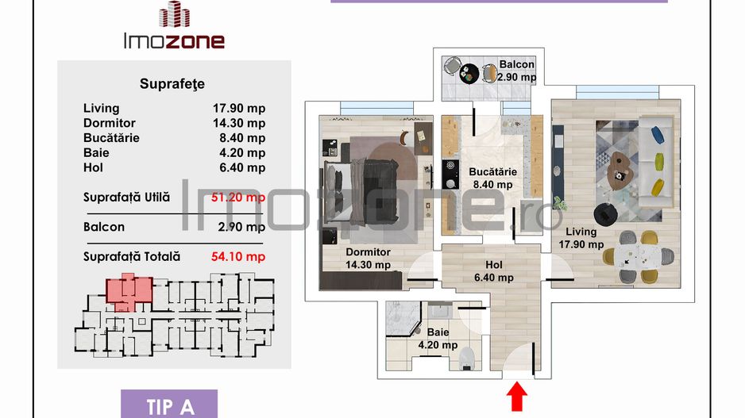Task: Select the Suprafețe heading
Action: (172, 82)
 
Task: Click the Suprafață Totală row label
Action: (132, 256)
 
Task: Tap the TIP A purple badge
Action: (170, 406)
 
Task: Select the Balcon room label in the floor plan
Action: (517, 65)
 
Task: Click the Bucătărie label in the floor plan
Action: (492, 171)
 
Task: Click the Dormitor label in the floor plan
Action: (368, 253)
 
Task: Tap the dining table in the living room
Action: (639, 256)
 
